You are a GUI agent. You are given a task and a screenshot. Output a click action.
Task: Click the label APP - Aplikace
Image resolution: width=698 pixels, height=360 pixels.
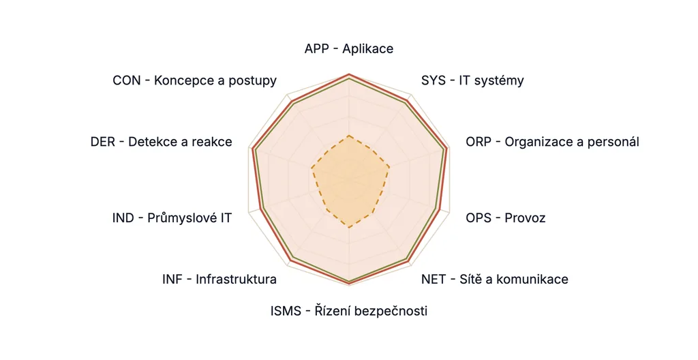point(349,48)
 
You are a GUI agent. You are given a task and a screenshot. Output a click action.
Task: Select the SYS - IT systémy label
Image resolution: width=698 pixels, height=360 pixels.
point(472,80)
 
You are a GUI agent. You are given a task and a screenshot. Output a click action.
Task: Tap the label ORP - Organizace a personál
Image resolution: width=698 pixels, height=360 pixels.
point(552,142)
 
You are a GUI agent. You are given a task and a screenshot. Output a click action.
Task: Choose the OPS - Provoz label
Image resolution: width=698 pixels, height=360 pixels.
point(506,217)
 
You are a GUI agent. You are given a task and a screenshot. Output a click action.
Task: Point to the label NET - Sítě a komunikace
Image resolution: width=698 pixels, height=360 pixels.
point(495,279)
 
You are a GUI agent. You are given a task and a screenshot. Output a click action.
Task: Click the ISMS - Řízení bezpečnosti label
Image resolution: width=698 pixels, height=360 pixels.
point(349,310)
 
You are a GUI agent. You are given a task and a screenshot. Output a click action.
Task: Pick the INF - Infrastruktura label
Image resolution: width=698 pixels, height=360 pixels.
point(219,279)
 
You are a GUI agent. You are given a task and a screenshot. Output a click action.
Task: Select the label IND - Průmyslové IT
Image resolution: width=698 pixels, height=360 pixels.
point(172,217)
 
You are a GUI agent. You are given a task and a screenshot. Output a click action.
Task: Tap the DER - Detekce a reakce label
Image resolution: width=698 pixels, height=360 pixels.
point(161,142)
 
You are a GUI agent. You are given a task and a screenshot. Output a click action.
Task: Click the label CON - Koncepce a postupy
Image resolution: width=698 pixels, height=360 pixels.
point(194,80)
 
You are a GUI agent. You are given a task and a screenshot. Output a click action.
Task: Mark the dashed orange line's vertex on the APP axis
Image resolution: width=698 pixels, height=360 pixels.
point(350,135)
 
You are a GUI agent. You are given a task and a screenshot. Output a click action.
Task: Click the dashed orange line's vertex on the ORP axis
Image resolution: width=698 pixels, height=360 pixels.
point(389,167)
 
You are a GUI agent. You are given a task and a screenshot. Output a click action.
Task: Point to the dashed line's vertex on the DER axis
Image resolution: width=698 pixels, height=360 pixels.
point(311,168)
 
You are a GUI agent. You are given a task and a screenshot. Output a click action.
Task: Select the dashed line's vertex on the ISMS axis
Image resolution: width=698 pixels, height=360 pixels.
point(350,228)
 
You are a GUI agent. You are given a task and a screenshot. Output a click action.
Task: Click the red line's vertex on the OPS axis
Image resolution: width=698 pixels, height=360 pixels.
point(440,209)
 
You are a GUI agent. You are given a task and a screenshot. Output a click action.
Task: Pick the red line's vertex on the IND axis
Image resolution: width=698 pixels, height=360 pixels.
point(259,209)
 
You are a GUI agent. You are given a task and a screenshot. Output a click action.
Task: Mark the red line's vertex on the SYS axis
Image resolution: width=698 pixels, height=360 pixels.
point(408,100)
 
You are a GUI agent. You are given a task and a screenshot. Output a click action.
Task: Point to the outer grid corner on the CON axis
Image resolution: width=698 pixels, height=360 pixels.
point(288,95)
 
